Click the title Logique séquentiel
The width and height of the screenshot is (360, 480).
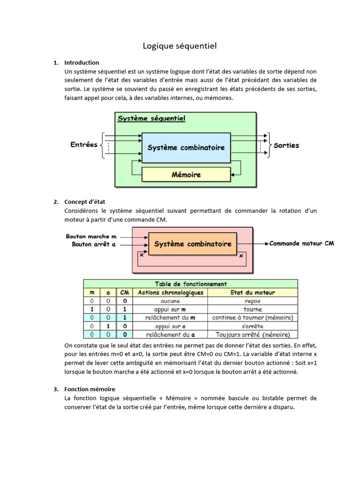pos(180,46)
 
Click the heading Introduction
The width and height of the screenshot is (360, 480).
pos(82,62)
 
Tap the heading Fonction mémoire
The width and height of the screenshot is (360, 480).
pos(90,389)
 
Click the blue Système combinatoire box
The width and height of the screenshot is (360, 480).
pos(186,148)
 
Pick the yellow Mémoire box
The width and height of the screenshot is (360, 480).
pos(186,175)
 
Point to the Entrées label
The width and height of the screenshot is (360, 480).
pos(84,145)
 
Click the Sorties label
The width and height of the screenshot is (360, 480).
pos(286,146)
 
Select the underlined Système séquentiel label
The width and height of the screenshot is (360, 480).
pos(151,119)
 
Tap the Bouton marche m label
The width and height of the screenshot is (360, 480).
pos(91,237)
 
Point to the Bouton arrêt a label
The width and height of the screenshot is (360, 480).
pos(94,245)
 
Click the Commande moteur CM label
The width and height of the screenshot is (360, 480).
pos(301,244)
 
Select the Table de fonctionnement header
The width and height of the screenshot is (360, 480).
pos(191,284)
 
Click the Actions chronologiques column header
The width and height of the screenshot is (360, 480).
pos(170,292)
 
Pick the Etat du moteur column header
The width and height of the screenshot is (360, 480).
pos(253,292)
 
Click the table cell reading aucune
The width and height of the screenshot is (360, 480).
pos(170,301)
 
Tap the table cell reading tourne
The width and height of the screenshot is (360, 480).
pos(253,309)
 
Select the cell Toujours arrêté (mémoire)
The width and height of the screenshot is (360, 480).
pos(253,335)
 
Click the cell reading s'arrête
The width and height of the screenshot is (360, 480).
pos(253,326)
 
